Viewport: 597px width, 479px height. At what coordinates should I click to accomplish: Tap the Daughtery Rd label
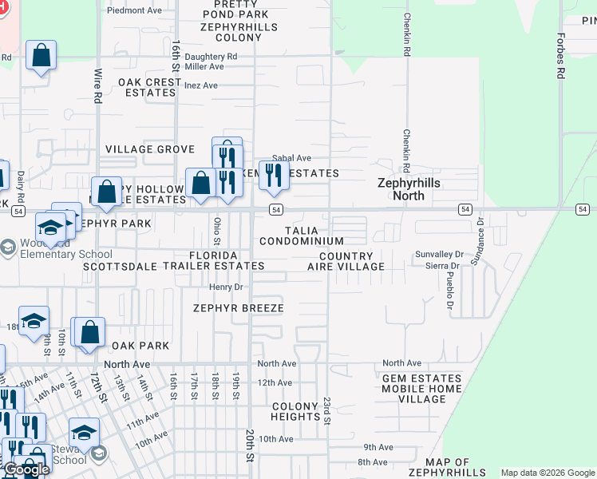click(x=211, y=57)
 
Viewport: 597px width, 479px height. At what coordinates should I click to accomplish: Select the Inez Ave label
click(x=200, y=85)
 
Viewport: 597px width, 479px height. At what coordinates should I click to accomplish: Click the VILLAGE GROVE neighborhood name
click(x=150, y=149)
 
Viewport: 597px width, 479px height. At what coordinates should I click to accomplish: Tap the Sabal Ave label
click(x=291, y=158)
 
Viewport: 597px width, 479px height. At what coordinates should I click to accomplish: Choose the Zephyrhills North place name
click(x=409, y=189)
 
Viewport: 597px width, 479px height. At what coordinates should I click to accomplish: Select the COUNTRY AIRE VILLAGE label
click(x=346, y=261)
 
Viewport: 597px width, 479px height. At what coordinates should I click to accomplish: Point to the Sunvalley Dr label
click(x=438, y=255)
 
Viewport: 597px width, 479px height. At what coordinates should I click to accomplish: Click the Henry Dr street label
click(x=225, y=287)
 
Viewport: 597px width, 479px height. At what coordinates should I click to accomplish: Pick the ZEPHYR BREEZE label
click(x=238, y=308)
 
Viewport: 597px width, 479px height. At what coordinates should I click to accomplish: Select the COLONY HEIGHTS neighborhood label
click(x=295, y=411)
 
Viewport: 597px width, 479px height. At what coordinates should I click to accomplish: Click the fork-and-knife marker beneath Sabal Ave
click(x=274, y=176)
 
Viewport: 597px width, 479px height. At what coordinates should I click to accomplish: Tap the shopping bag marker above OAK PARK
click(x=91, y=332)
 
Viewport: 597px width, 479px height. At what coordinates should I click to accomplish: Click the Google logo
click(x=26, y=469)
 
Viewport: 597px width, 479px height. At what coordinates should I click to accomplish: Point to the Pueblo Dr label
click(x=450, y=293)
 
